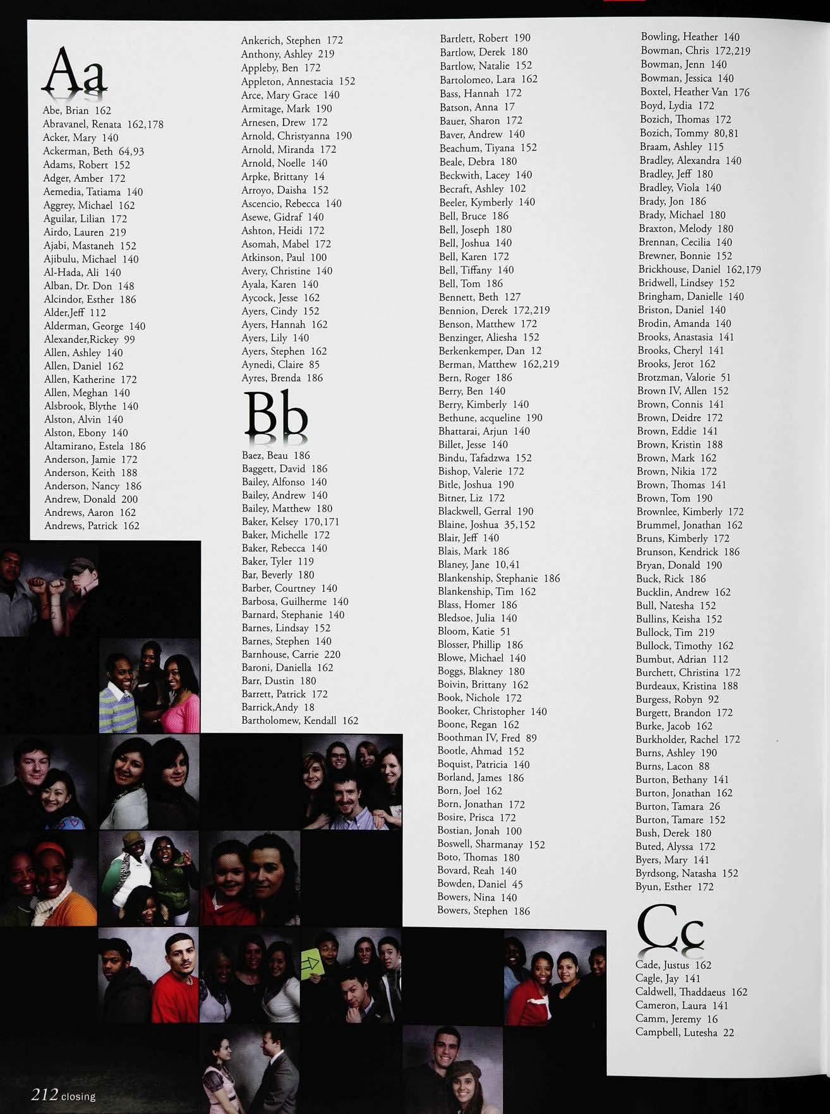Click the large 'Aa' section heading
(x=74, y=71)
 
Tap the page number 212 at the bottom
(x=45, y=1094)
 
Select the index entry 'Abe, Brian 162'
(x=76, y=111)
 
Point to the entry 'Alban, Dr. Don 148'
(x=88, y=286)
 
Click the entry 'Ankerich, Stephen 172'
(x=292, y=40)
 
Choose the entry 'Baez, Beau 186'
(x=275, y=455)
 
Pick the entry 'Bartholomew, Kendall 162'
(x=299, y=721)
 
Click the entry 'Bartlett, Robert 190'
(x=485, y=39)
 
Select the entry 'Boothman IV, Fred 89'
(x=487, y=738)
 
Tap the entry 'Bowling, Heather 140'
(x=690, y=37)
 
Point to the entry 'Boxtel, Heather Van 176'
(x=695, y=92)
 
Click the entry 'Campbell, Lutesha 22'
(x=685, y=1033)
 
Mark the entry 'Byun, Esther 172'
(x=674, y=887)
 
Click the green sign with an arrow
(x=311, y=965)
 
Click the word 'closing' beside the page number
(x=78, y=1097)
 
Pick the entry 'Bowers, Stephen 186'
(x=483, y=911)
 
